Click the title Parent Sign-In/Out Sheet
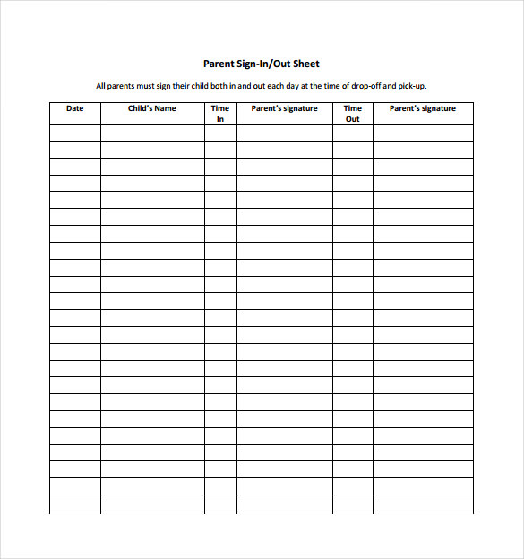[261, 64]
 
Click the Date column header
[75, 108]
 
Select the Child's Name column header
[152, 108]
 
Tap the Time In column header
[220, 113]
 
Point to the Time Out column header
[353, 113]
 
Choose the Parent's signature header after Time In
[284, 108]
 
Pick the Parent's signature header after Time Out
[422, 108]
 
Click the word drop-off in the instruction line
[357, 87]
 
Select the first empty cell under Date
[75, 133]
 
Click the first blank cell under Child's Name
[152, 133]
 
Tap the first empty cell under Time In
[220, 133]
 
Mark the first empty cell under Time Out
[353, 133]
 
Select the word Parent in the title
[218, 64]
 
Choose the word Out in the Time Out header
[353, 118]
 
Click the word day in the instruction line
[282, 87]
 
